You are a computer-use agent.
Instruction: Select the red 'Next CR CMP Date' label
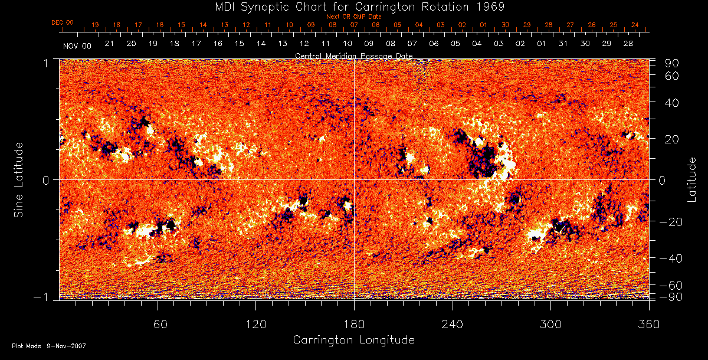click(x=354, y=17)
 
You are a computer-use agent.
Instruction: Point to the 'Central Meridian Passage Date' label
click(x=353, y=55)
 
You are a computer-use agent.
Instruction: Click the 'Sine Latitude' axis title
click(x=19, y=179)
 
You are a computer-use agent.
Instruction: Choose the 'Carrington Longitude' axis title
click(x=353, y=340)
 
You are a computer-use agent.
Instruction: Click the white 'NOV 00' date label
click(x=77, y=45)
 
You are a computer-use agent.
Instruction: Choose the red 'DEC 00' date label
click(x=63, y=22)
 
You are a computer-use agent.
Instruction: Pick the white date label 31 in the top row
click(x=563, y=44)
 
